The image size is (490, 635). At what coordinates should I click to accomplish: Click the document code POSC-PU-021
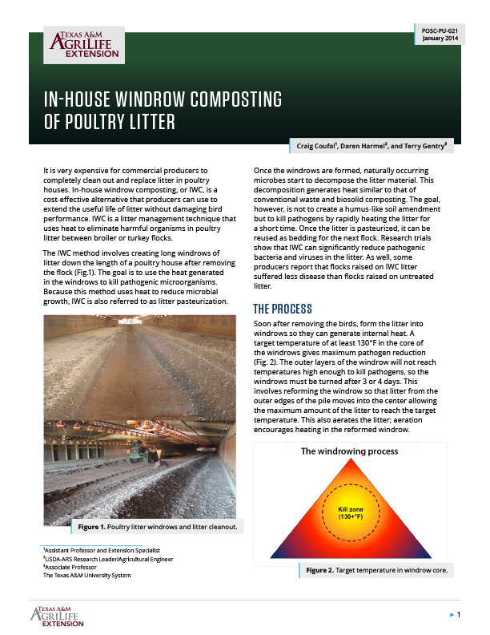pyautogui.click(x=440, y=30)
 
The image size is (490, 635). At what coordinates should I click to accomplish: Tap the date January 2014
pyautogui.click(x=440, y=38)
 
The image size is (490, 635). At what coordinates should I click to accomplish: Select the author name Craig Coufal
pyautogui.click(x=319, y=147)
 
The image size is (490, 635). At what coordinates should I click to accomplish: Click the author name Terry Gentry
pyautogui.click(x=425, y=147)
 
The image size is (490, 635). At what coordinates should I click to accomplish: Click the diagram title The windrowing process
pyautogui.click(x=349, y=451)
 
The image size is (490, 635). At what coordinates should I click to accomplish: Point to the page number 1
pyautogui.click(x=458, y=614)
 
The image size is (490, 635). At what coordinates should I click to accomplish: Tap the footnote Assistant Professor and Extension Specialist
pyautogui.click(x=95, y=551)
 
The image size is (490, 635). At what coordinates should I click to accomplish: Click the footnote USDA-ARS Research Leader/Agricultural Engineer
pyautogui.click(x=107, y=559)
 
